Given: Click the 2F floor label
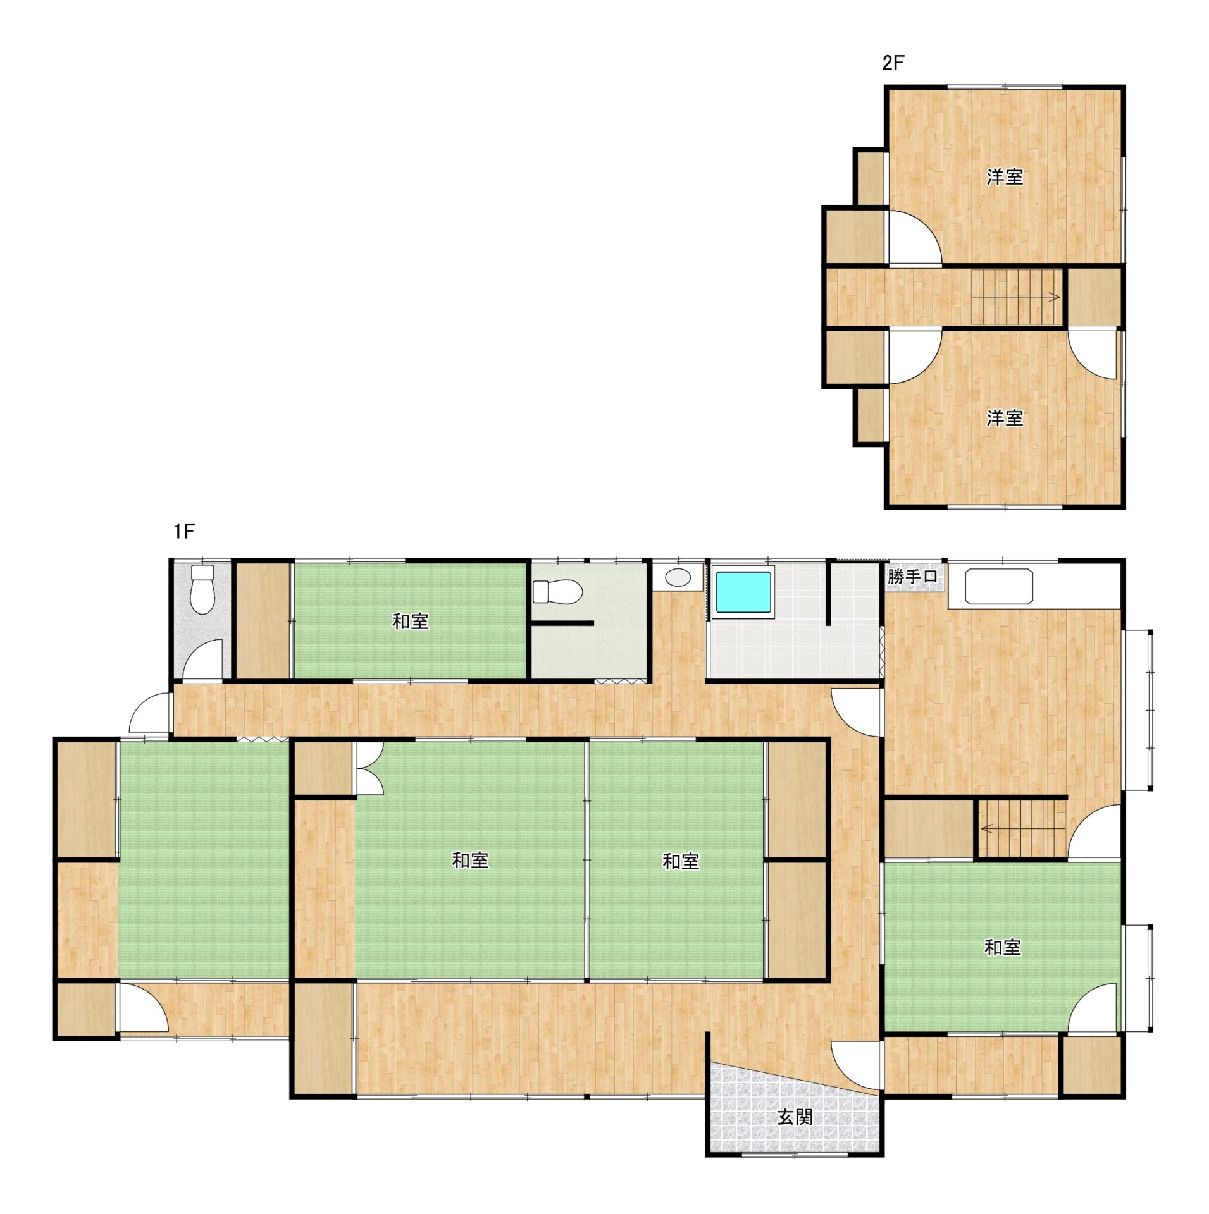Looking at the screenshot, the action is point(893,63).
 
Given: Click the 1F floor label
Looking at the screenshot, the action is point(184,532).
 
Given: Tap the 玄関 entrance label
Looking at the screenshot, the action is point(795,1117).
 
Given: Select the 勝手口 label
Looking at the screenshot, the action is point(912,577).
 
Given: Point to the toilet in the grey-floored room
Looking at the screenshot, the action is point(202,589).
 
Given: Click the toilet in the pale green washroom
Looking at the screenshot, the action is point(557,592).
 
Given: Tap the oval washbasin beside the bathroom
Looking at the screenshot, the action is point(677,577).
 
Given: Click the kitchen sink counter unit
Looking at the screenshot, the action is point(999,587).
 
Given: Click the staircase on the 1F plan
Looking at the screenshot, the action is point(1021,829).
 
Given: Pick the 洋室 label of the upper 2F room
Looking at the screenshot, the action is point(1005,177).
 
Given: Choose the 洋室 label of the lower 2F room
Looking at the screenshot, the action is point(1005,418).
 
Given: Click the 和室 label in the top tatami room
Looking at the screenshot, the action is point(410,622).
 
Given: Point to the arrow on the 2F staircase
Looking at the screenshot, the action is point(1019,297).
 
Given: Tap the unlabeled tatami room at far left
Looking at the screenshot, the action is point(204,859).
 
